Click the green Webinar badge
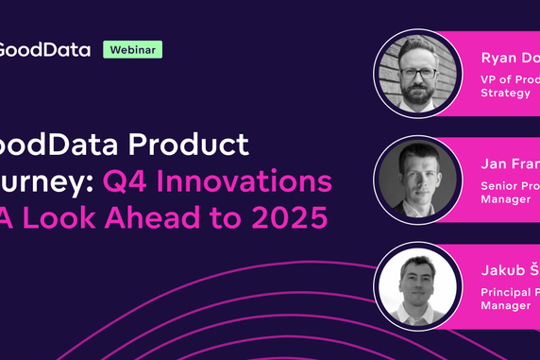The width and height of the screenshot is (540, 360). pyautogui.click(x=132, y=49)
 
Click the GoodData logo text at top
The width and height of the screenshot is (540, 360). pyautogui.click(x=45, y=49)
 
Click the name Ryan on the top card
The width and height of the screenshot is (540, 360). pyautogui.click(x=499, y=57)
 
